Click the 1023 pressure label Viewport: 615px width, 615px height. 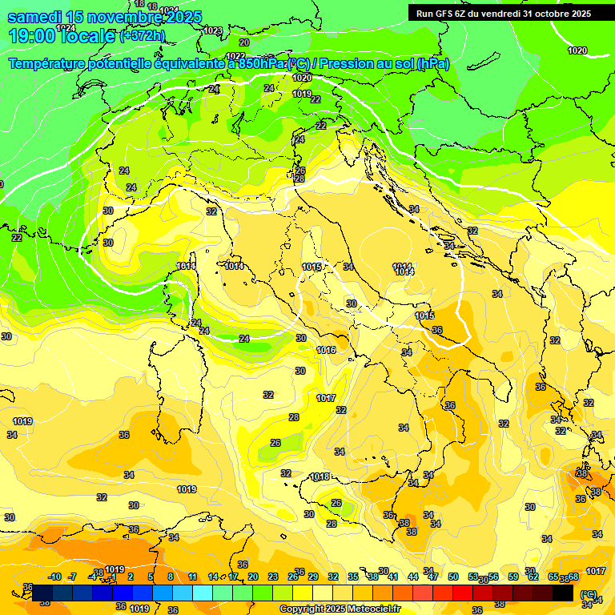(x=212, y=30)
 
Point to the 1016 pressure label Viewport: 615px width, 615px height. (x=326, y=350)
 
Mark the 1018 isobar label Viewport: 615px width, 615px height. (x=320, y=476)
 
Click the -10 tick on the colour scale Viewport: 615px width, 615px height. (x=54, y=577)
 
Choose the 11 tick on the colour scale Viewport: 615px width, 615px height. (x=192, y=577)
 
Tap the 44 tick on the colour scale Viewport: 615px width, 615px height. (x=412, y=577)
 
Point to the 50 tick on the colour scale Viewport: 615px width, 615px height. (x=453, y=577)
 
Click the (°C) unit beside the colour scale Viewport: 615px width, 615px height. (x=587, y=595)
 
